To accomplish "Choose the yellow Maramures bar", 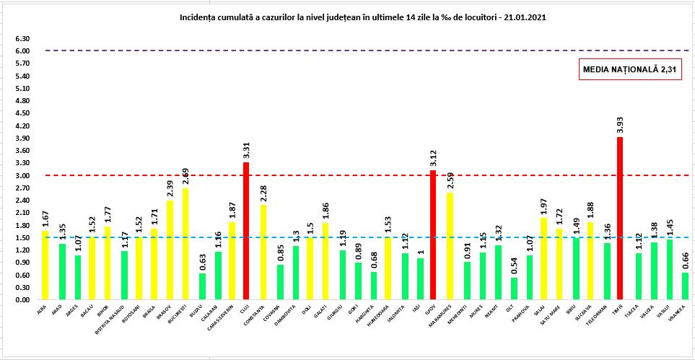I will pos(449,246).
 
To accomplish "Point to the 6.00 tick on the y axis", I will pos(22,51).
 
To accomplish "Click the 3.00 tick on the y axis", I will pos(22,176).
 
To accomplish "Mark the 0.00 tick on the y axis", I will pos(22,300).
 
